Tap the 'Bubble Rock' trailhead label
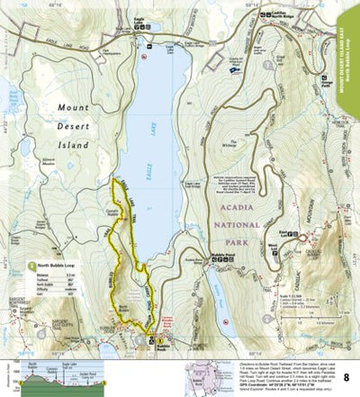(164, 347)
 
